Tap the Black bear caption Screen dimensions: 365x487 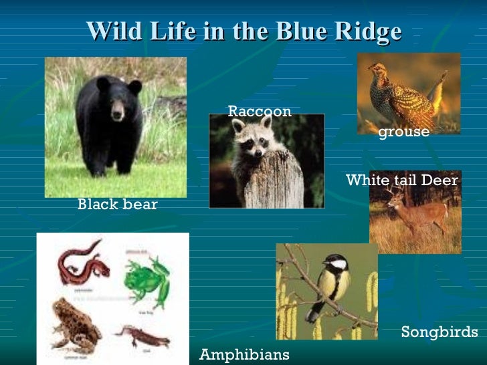pyautogui.click(x=118, y=205)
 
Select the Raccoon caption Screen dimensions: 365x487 pyautogui.click(x=260, y=112)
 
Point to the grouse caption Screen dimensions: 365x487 pyautogui.click(x=403, y=132)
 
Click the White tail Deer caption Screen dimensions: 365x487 pyautogui.click(x=402, y=180)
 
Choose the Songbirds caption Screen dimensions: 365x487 pyautogui.click(x=440, y=332)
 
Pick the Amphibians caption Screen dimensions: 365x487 pyautogui.click(x=244, y=354)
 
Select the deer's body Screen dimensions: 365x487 pyautogui.click(x=425, y=214)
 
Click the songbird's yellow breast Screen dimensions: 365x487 pyautogui.click(x=330, y=284)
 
